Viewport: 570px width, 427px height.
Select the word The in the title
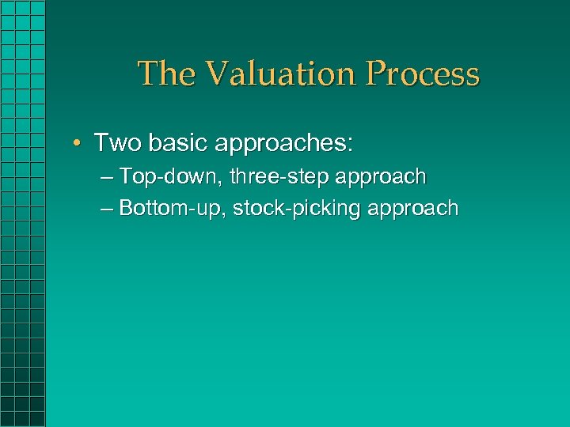[x=165, y=74]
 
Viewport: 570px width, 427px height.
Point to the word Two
[x=115, y=143]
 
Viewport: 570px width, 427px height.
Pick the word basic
[x=170, y=143]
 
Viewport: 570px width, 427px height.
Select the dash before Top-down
[x=108, y=177]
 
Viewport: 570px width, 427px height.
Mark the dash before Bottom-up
[x=108, y=209]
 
